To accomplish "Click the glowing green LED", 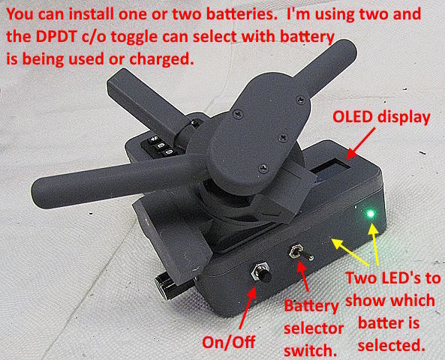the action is click(x=371, y=214).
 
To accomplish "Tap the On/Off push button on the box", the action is click(x=260, y=272).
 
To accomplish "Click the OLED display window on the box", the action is click(x=331, y=171).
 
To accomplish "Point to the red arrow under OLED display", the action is click(x=360, y=143).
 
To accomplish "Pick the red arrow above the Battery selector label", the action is click(x=303, y=276).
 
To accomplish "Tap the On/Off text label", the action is click(x=228, y=342).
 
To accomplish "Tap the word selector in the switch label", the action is click(x=314, y=328).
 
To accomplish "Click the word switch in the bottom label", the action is click(x=311, y=351).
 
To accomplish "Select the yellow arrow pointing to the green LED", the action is click(x=375, y=244).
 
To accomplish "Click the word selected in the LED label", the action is click(x=392, y=346).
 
